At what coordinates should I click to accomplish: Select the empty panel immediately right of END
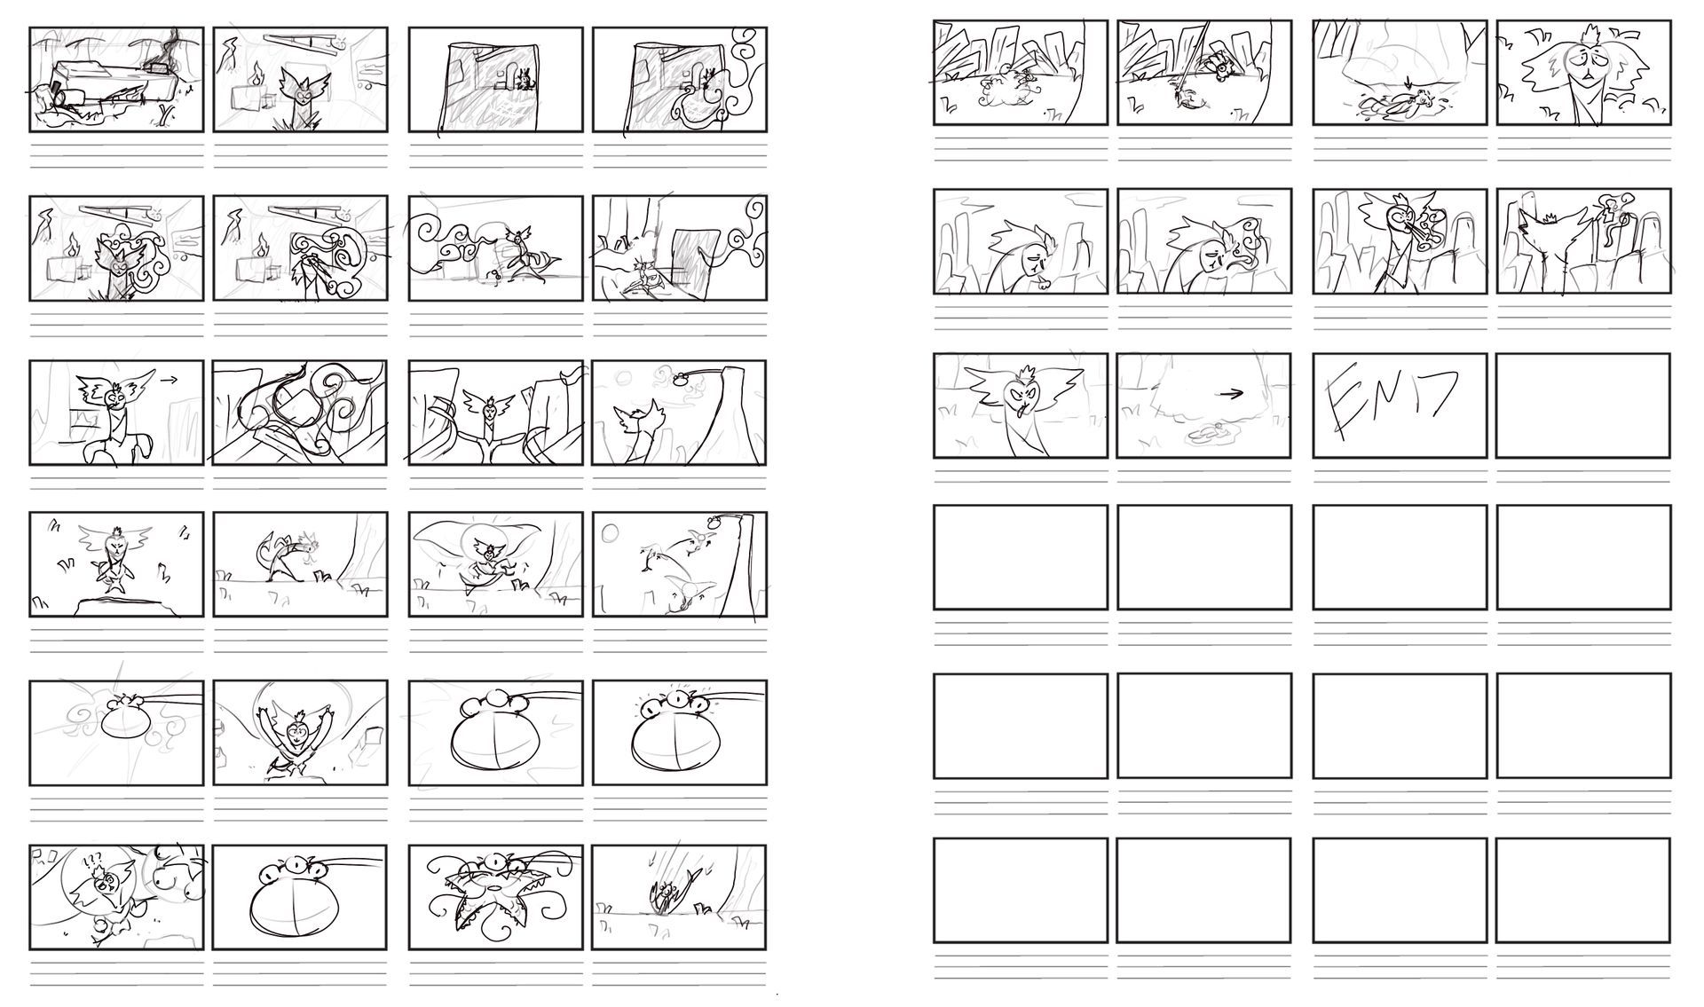[1582, 405]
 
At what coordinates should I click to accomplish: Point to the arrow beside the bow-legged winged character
[168, 379]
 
